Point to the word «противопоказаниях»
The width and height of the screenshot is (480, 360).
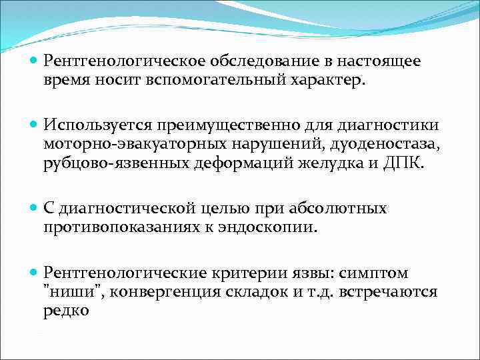click(x=119, y=227)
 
